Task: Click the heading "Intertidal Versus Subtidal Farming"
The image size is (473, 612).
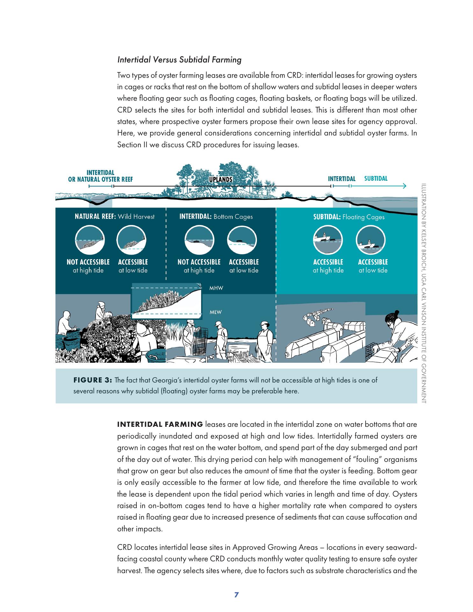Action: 179,60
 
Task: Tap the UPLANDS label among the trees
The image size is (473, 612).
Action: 220,179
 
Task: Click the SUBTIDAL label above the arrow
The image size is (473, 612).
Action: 376,178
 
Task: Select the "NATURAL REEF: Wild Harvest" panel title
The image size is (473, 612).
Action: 114,217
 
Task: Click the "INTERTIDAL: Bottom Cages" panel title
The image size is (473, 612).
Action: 216,217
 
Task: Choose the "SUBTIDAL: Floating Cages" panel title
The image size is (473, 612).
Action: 349,217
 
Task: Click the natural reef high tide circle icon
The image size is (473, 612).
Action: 90,240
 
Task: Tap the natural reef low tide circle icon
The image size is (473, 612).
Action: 131,240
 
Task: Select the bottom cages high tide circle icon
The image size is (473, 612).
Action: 200,240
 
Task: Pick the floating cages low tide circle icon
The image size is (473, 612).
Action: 370,240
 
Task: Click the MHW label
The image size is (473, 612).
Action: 216,288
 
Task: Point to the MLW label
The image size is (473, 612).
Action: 215,312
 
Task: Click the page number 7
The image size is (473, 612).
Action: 236,595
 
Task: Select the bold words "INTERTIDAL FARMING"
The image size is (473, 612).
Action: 160,424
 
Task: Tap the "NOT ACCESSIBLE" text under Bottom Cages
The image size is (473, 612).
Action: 199,262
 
